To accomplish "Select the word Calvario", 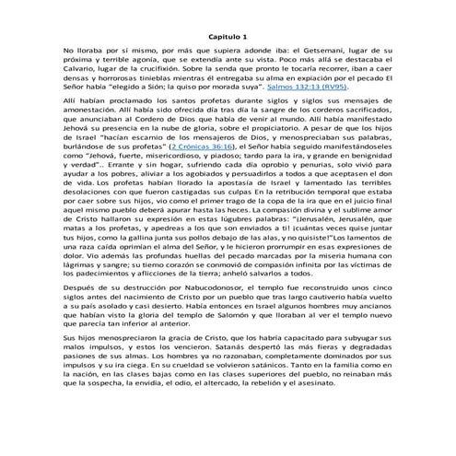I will coord(81,80).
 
